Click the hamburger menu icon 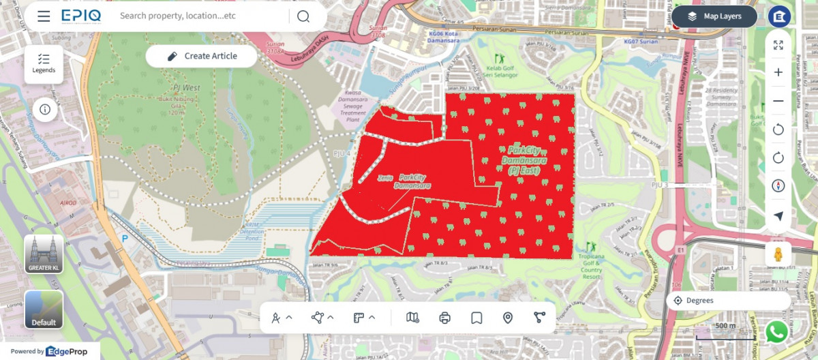pos(44,16)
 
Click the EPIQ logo pos(81,16)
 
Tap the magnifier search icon pos(303,16)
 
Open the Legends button pos(44,63)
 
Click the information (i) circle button pos(45,109)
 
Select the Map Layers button pos(714,16)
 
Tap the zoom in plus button pos(778,72)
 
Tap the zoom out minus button pos(778,101)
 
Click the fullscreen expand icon pos(778,45)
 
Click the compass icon pos(778,186)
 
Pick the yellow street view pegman pos(778,254)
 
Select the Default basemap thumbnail pos(44,310)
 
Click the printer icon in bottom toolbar pos(445,318)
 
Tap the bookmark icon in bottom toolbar pos(476,318)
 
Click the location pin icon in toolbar pos(508,318)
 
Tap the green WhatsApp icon pos(776,332)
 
